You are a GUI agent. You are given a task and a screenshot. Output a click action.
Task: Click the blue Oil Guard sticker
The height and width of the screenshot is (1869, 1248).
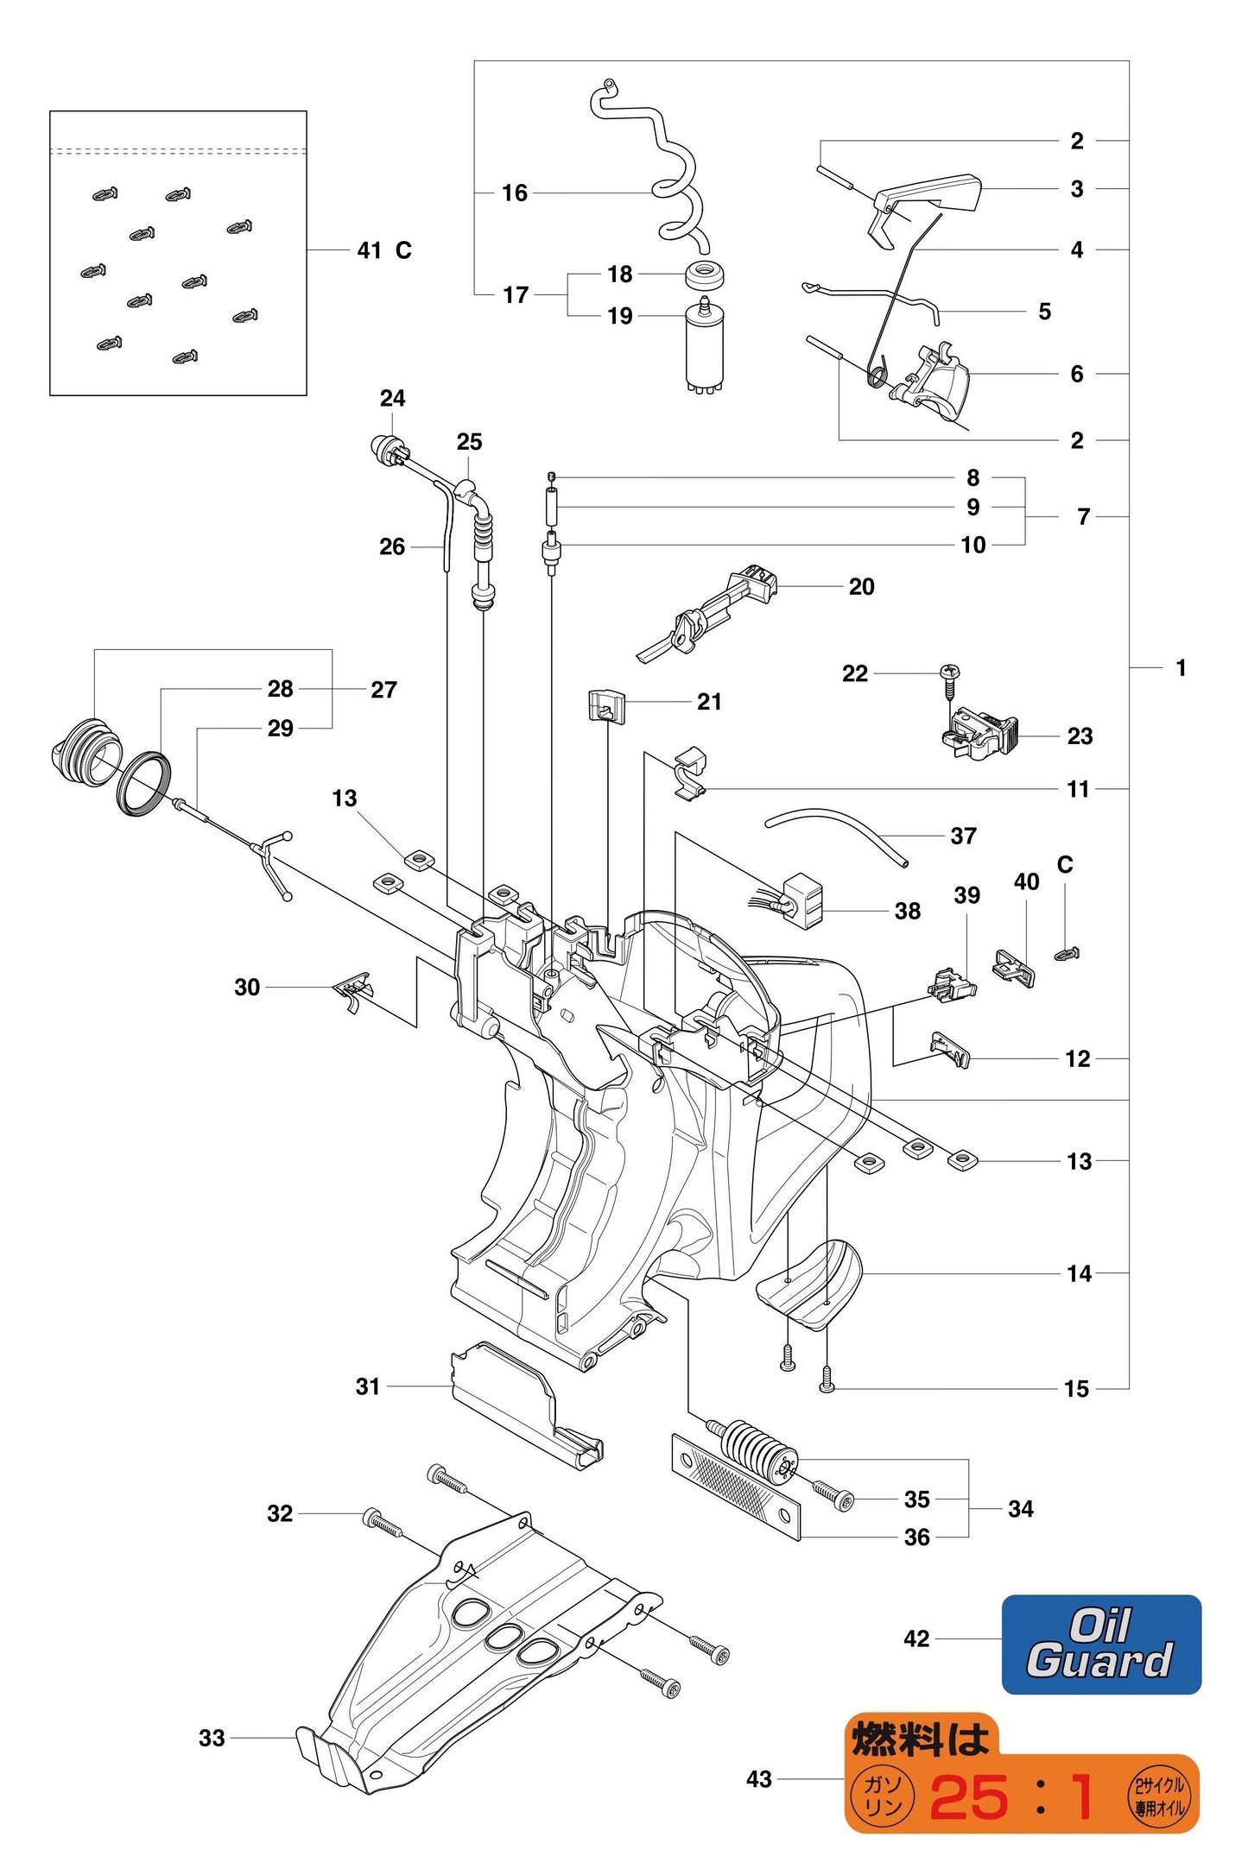coord(1100,1645)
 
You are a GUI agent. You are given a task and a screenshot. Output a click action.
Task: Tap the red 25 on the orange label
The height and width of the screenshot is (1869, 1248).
coord(969,1798)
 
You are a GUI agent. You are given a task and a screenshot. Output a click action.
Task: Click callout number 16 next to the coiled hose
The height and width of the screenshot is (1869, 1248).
coord(515,193)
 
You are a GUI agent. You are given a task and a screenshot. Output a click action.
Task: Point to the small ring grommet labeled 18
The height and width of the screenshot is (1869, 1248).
coord(705,276)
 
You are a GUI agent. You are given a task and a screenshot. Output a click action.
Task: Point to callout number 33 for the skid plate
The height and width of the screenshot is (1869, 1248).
coord(212,1738)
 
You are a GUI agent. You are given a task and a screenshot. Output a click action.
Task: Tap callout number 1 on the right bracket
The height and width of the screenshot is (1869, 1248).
coord(1181,667)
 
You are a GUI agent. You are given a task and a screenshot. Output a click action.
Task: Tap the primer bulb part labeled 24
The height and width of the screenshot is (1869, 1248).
coord(383,449)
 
